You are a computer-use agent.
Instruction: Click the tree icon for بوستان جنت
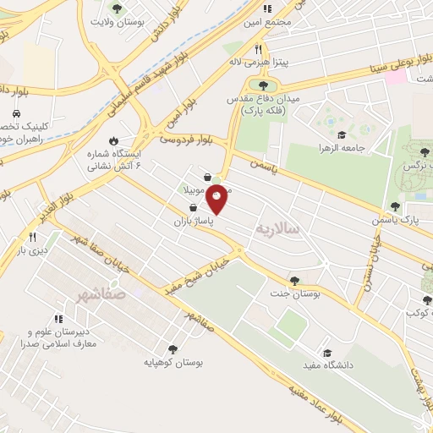pos(294,281)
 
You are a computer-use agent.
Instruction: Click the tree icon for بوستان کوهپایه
pos(173,348)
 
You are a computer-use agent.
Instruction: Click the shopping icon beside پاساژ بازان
pos(194,206)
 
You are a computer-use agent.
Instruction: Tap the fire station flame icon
pos(112,141)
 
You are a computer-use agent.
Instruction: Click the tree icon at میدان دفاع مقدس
pos(263,85)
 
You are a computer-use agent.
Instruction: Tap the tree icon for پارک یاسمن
pos(395,206)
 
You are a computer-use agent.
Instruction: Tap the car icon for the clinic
pos(16,113)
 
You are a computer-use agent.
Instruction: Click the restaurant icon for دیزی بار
pos(35,237)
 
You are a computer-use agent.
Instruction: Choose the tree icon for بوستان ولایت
pos(117,8)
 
